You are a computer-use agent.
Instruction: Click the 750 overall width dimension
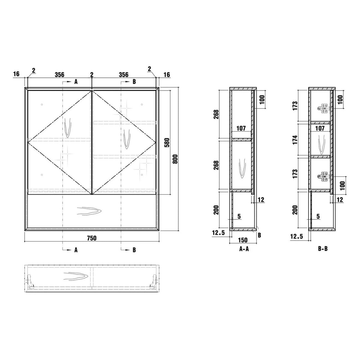[91, 238]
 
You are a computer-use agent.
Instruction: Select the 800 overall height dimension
[175, 159]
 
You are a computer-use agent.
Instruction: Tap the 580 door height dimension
[167, 142]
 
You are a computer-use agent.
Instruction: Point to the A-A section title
[244, 249]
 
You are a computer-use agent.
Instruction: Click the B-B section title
[323, 249]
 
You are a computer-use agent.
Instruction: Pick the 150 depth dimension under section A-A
[243, 240]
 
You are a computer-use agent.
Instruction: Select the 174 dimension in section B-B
[295, 140]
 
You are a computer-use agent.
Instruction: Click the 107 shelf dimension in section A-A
[241, 128]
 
